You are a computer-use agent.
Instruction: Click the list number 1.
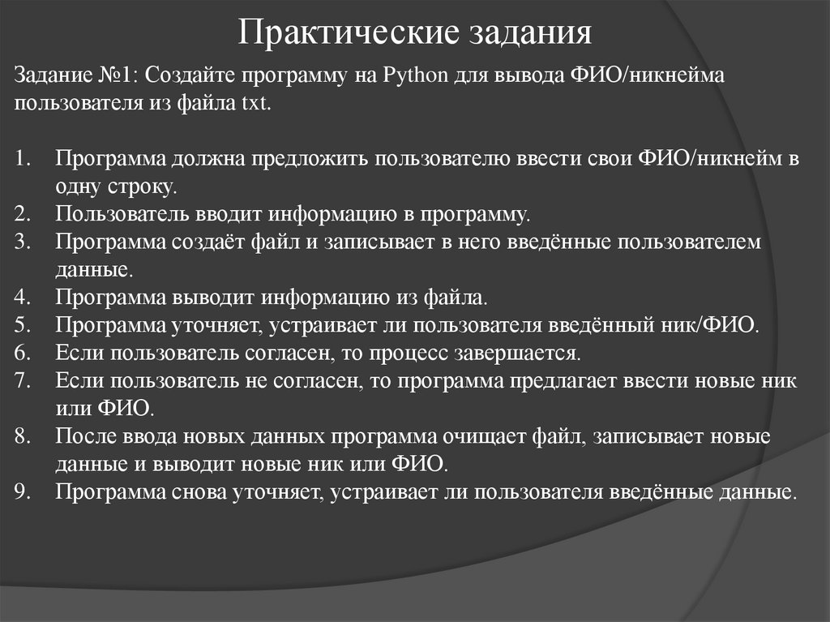pyautogui.click(x=22, y=159)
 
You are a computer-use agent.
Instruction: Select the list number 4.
pyautogui.click(x=22, y=298)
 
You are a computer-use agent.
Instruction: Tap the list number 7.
pyautogui.click(x=22, y=380)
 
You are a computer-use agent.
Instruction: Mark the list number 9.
pyautogui.click(x=22, y=491)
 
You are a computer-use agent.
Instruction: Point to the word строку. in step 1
pyautogui.click(x=140, y=187)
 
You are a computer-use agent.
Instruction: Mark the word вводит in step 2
pyautogui.click(x=225, y=214)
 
